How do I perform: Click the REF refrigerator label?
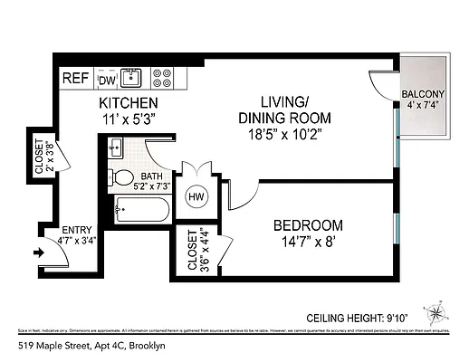[x=74, y=78]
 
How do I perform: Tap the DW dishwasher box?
[x=107, y=79]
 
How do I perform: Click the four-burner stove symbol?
[x=162, y=78]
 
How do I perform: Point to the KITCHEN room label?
[x=129, y=103]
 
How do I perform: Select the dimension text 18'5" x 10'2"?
[x=283, y=135]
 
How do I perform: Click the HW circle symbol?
[x=196, y=196]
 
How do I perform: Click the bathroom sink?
[x=116, y=147]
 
